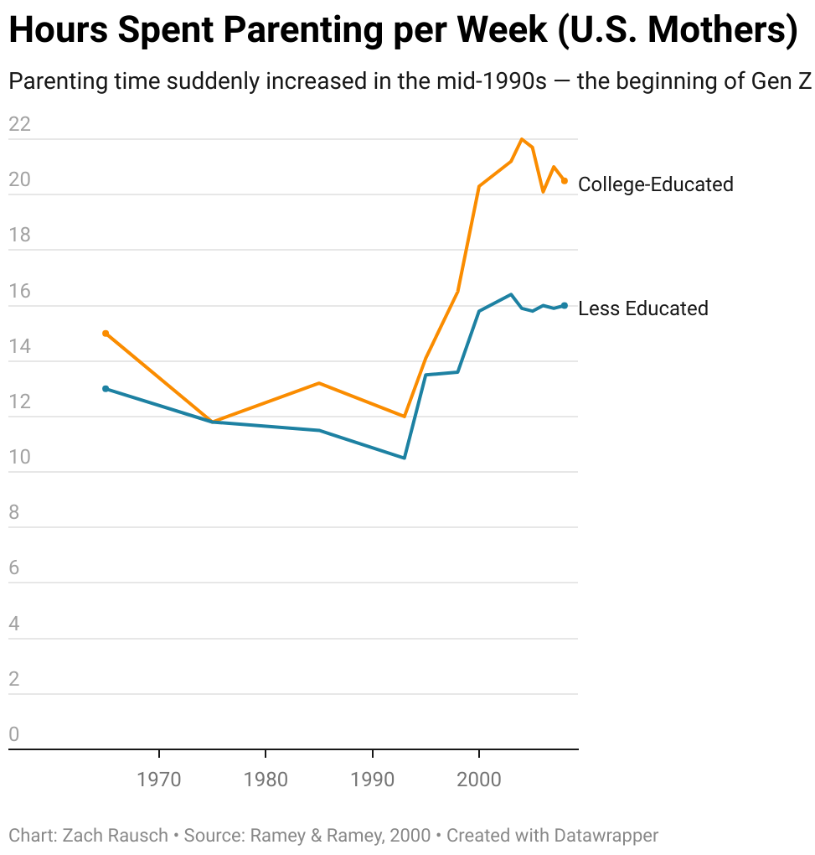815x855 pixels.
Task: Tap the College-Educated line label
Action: [656, 184]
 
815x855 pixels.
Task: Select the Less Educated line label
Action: [643, 308]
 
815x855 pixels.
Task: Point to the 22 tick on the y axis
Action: [19, 125]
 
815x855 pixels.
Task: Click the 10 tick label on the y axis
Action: [19, 458]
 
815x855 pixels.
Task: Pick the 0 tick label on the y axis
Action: [14, 735]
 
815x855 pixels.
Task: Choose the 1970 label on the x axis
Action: [158, 780]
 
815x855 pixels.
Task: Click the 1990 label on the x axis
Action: [372, 780]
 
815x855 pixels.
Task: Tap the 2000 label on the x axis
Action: [479, 780]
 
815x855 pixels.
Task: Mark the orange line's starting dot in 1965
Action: [106, 334]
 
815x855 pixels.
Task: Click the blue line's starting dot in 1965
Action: [106, 389]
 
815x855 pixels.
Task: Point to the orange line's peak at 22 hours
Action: [522, 139]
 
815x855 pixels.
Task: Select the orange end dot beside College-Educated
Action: [565, 181]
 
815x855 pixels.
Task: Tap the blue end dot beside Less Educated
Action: [565, 306]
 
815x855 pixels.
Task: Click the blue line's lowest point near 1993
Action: [405, 458]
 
